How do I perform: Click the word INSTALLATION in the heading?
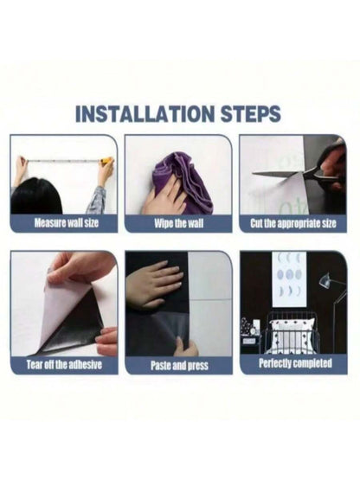click(145, 113)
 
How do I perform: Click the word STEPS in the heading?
click(251, 113)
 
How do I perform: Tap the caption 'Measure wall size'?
click(67, 222)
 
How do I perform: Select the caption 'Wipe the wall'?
click(178, 223)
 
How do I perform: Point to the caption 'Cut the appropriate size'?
click(293, 223)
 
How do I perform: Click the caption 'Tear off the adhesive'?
click(64, 365)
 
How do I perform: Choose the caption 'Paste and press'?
click(179, 365)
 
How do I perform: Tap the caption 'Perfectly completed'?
click(295, 363)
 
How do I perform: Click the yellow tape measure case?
click(106, 160)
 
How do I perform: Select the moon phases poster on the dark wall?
click(290, 278)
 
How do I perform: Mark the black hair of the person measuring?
click(35, 196)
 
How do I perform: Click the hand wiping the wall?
click(164, 199)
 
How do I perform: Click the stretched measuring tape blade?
click(64, 160)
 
